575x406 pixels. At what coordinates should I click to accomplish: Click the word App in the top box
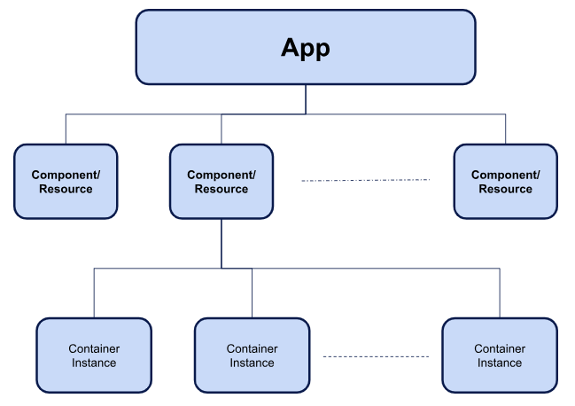coord(305,48)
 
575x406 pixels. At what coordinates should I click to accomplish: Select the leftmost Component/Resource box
coord(66,182)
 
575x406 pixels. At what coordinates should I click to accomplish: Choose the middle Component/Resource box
coord(221,182)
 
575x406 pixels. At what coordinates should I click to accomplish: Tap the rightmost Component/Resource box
coord(506,182)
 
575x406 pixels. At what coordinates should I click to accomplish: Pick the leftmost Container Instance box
coord(94,355)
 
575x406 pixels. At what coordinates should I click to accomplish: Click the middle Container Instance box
coord(252,355)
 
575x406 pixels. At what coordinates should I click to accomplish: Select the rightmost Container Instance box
coord(500,355)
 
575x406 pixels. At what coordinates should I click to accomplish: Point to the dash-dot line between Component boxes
coord(365,180)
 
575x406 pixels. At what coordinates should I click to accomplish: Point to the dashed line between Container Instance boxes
coord(376,356)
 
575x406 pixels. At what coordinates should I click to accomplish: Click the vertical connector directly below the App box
coord(306,98)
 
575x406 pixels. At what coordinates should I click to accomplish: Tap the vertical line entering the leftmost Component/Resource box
coord(66,129)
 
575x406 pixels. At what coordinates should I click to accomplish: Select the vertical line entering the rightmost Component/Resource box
coord(506,129)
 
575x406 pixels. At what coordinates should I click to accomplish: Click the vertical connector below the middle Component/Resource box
coord(221,243)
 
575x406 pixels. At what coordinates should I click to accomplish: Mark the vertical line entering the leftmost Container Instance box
coord(94,293)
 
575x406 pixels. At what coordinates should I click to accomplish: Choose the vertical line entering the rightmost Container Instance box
coord(500,293)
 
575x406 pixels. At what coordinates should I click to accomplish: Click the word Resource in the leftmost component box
coord(66,189)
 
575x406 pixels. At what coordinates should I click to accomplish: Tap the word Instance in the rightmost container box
coord(500,363)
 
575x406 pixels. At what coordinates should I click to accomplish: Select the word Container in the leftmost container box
coord(94,349)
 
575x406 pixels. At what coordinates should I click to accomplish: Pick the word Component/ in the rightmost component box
coord(506,176)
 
